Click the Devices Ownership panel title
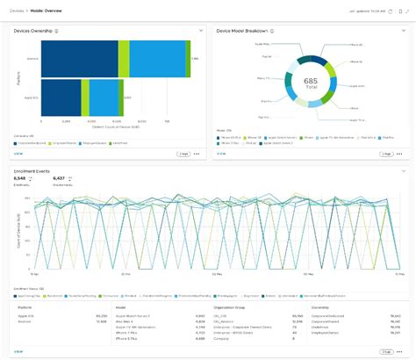click(32, 30)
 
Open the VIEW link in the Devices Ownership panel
click(18, 153)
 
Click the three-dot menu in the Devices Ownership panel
click(197, 153)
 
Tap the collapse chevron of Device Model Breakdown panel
click(402, 30)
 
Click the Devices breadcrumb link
click(16, 10)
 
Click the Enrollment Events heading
click(33, 169)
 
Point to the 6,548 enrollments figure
click(21, 178)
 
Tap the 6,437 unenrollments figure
click(60, 178)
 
